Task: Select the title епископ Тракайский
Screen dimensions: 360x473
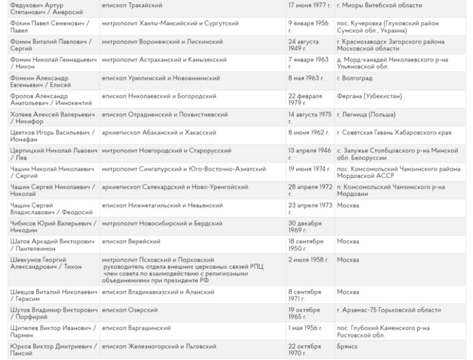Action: [132, 6]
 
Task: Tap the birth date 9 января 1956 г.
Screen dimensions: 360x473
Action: [309, 27]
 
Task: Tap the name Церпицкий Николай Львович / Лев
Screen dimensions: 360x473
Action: [49, 153]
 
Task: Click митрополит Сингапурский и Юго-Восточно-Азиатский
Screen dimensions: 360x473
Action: [184, 168]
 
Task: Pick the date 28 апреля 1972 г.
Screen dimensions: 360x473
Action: [309, 189]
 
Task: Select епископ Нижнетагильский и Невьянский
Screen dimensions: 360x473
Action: [162, 205]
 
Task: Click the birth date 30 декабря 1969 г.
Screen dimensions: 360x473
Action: [306, 226]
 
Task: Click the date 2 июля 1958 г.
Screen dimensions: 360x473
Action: [309, 259]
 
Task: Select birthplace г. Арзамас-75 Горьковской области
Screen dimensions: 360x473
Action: [388, 310]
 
